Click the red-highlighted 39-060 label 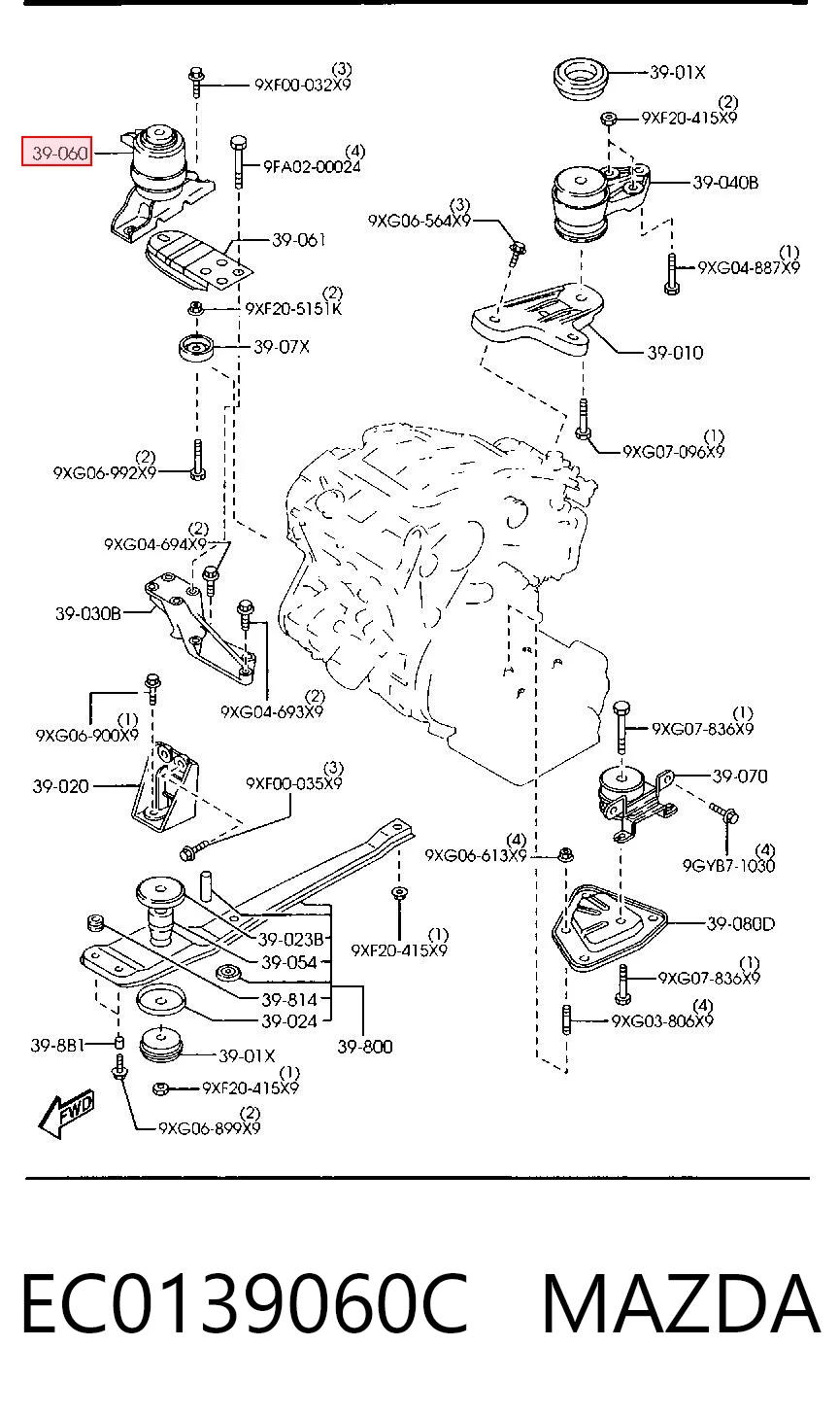point(57,152)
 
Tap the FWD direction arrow point(66,1116)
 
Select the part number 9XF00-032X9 point(302,84)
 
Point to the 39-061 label point(299,239)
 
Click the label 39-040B point(725,183)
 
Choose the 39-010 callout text point(675,353)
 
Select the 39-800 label point(365,1047)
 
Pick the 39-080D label point(741,924)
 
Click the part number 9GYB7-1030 point(728,865)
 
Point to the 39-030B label point(87,613)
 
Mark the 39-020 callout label point(60,786)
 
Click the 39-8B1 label point(57,1046)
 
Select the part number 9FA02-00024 point(312,166)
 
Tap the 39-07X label point(282,347)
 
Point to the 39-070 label point(740,776)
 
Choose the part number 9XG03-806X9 point(662,1020)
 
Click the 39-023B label point(290,940)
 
